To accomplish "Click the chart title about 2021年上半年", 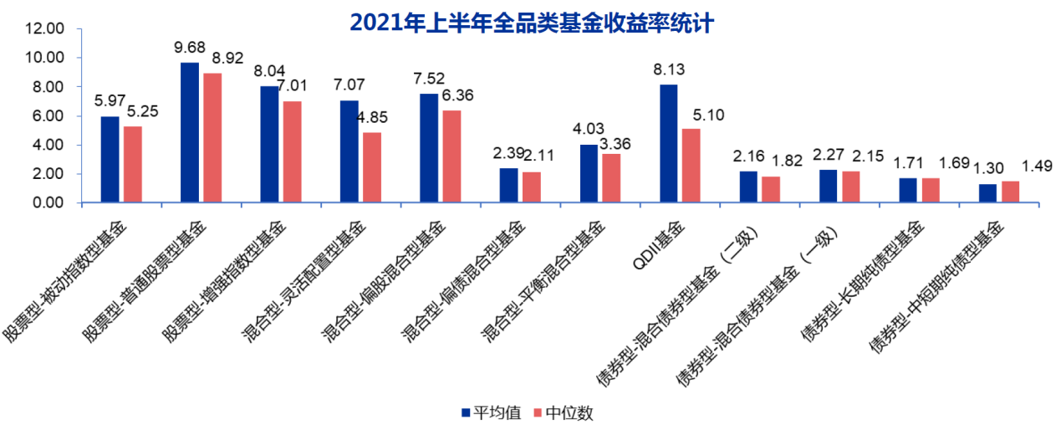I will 531,21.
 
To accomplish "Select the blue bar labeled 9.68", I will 191,132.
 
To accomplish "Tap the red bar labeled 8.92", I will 213,137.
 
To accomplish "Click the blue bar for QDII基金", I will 669,143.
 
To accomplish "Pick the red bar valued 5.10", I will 691,166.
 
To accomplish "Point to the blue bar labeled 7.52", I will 429,147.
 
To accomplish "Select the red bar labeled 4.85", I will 372,167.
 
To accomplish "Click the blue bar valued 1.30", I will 988,193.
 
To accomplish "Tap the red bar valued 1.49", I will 1011,192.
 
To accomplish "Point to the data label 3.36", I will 615,144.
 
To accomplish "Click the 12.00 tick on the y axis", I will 45,29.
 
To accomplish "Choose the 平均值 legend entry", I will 492,412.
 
